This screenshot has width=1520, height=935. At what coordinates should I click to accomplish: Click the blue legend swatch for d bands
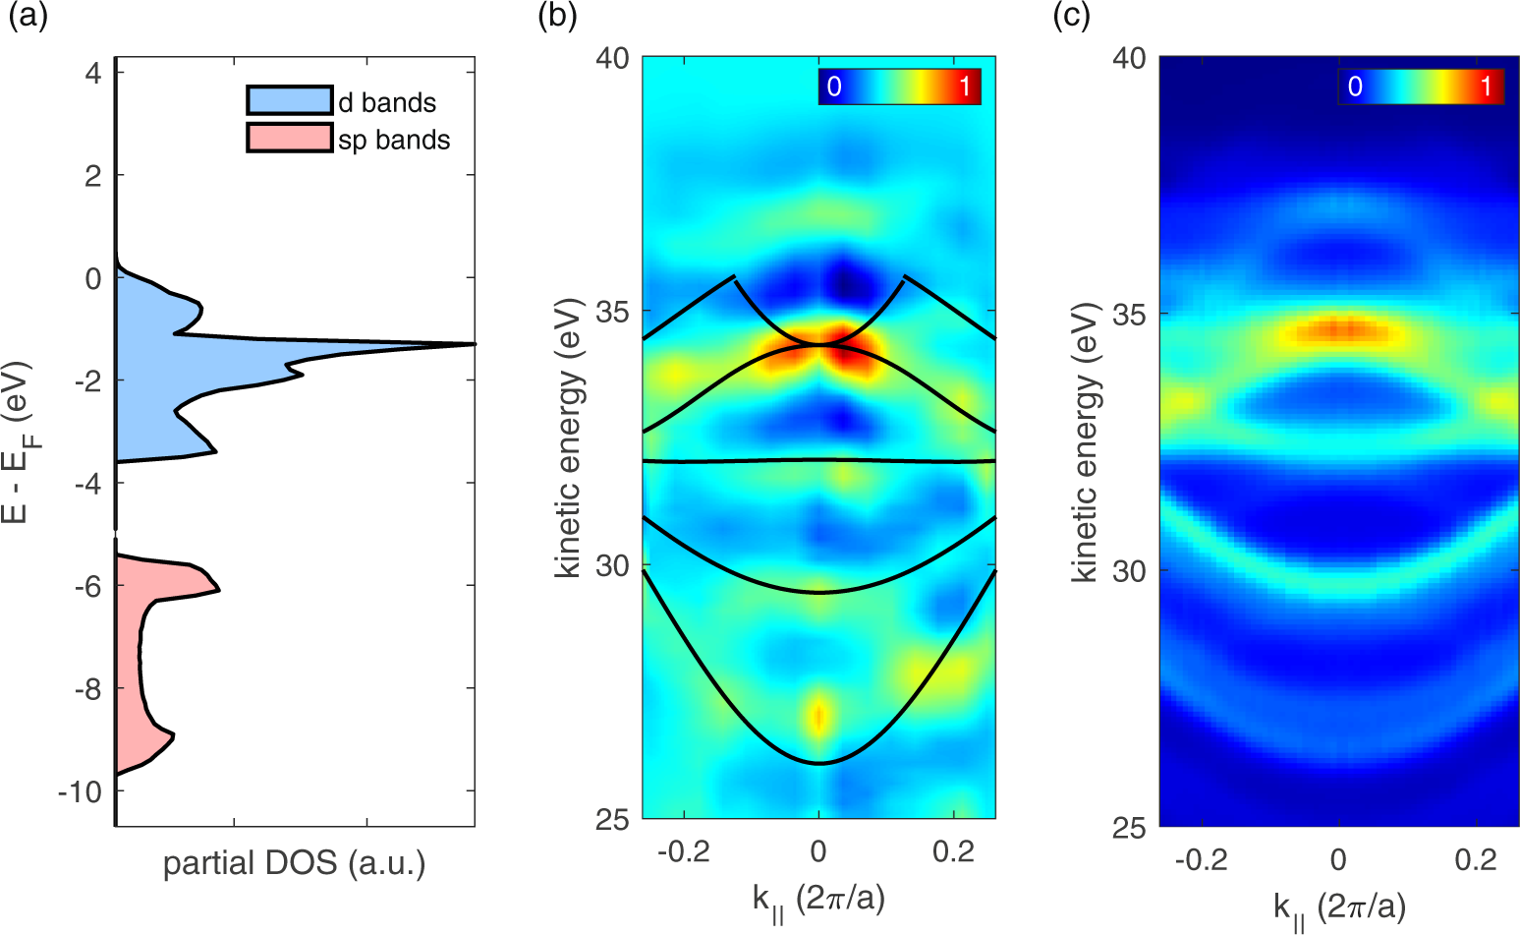[290, 100]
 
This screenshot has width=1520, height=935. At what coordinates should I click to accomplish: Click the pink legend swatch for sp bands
[290, 138]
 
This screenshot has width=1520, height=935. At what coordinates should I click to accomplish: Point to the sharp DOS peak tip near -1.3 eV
[473, 344]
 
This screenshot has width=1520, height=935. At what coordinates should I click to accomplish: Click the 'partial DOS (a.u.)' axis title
[294, 863]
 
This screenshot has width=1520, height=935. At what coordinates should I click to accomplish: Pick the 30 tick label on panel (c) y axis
[1130, 571]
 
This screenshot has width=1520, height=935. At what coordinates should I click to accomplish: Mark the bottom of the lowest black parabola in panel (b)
[818, 763]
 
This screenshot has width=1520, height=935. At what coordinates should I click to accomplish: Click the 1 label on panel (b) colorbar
[965, 87]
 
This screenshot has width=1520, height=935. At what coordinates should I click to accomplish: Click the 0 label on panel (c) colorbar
[1355, 87]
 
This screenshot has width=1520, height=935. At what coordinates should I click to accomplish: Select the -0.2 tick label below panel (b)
[684, 851]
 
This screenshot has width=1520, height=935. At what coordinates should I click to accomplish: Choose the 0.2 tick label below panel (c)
[1475, 860]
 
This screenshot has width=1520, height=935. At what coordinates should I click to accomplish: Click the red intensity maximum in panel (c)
[1338, 329]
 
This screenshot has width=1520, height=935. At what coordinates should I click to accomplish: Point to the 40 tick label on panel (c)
[1130, 58]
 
